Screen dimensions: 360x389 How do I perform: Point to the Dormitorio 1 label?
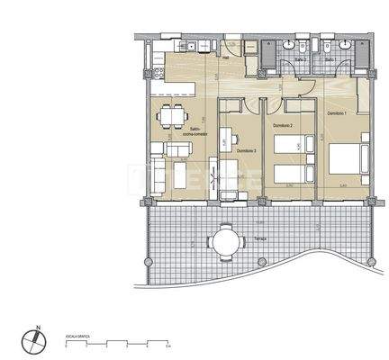pos(337,113)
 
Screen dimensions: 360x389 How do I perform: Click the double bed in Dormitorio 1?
pos(347,159)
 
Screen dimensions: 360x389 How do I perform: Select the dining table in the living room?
pos(169,117)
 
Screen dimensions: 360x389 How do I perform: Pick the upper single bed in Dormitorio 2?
pos(291,144)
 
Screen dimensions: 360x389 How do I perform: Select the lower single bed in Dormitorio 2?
pos(291,173)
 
